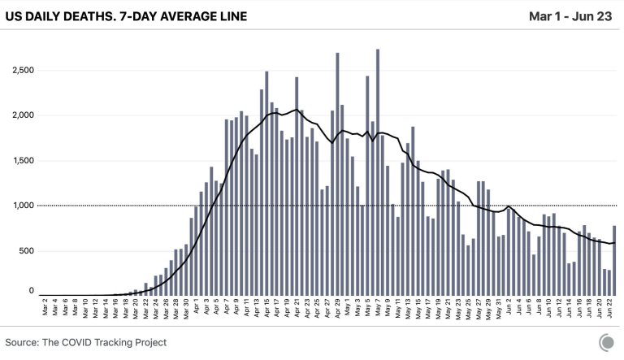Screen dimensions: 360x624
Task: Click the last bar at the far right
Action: (614, 260)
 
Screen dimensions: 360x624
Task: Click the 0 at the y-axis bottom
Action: (32, 290)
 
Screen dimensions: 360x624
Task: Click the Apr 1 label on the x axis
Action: (196, 310)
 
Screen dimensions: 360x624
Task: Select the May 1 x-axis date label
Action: (348, 310)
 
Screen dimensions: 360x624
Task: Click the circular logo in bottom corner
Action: (606, 342)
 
